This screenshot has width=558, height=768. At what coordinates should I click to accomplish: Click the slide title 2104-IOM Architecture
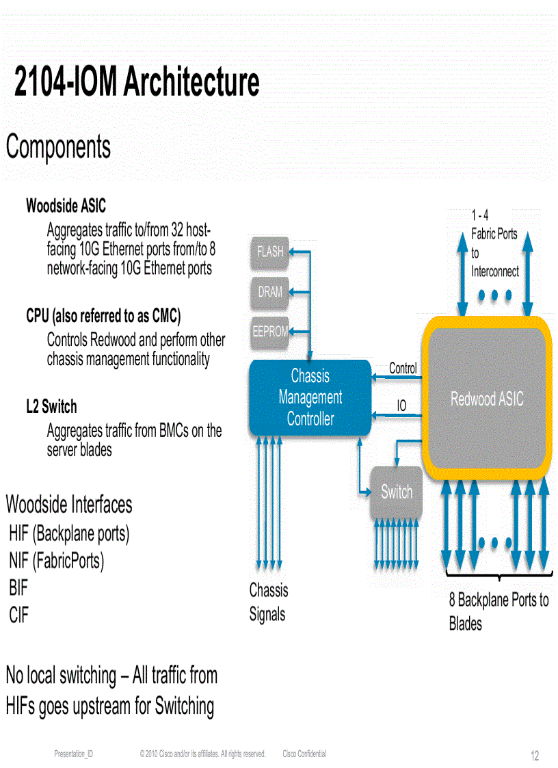(137, 83)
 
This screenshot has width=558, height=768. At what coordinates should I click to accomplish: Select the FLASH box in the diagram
(270, 252)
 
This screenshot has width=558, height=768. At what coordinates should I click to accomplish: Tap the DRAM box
(270, 291)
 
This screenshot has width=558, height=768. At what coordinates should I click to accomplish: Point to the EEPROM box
(270, 332)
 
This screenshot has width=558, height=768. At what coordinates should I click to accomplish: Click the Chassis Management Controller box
(310, 397)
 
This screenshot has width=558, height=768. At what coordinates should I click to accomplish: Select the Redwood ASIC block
(486, 399)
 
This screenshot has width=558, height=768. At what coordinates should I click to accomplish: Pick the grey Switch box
(397, 492)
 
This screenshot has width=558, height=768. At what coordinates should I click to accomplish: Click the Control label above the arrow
(403, 368)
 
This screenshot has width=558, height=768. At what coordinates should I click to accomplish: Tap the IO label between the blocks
(401, 406)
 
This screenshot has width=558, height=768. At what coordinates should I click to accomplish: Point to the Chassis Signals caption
(269, 602)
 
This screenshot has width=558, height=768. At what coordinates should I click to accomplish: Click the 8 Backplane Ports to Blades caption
(498, 611)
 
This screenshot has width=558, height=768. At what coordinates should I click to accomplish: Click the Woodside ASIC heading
(66, 205)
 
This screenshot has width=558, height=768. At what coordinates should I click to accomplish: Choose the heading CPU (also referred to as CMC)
(103, 316)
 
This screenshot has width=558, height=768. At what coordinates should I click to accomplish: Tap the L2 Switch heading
(51, 407)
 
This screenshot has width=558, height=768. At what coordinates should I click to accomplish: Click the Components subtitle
(58, 147)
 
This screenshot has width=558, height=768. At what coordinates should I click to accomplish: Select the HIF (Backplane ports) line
(69, 533)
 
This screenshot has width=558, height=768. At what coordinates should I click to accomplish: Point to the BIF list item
(18, 587)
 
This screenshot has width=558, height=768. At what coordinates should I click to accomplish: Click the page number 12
(535, 756)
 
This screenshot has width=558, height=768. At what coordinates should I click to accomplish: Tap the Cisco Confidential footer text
(304, 754)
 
